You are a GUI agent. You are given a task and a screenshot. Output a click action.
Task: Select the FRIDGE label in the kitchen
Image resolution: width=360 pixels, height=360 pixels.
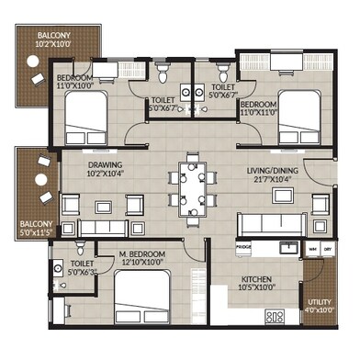click(243, 248)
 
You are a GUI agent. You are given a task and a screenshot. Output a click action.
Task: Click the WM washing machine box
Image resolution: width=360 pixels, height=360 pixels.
click(312, 249)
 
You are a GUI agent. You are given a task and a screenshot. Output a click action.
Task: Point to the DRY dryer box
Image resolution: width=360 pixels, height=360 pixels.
click(328, 249)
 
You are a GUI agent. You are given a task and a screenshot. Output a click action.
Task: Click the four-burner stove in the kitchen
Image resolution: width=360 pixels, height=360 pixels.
click(276, 317)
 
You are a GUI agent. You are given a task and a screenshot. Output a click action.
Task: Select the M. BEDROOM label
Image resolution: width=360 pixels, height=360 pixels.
click(142, 253)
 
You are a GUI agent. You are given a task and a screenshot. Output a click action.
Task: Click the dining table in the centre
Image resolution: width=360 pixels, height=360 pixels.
click(193, 186)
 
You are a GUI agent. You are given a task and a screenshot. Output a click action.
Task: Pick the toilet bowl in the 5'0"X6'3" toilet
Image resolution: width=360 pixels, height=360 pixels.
click(81, 246)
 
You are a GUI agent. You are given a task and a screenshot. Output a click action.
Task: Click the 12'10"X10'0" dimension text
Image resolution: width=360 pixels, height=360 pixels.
click(142, 263)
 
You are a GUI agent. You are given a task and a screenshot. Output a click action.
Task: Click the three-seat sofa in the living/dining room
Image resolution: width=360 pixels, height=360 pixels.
click(274, 223)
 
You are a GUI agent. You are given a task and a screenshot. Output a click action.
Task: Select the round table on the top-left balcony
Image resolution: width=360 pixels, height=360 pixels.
click(32, 64)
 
